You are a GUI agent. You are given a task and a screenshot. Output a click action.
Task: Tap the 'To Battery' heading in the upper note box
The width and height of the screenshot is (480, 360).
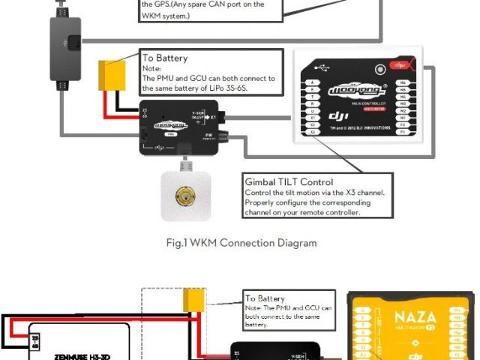[x=165, y=58]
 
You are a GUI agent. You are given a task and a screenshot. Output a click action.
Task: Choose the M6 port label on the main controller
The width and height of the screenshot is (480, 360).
[x=403, y=82]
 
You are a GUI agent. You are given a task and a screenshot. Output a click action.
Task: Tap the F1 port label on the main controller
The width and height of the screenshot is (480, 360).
[x=403, y=131]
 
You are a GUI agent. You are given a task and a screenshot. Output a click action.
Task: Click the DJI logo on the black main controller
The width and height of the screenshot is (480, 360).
[x=335, y=115]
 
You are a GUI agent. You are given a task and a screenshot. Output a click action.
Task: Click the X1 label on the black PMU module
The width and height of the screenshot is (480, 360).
[x=213, y=117]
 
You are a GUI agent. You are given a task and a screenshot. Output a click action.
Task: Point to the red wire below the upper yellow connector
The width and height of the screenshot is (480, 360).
[x=120, y=106]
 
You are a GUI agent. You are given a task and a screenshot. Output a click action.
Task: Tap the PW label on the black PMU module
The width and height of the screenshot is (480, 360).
[x=210, y=136]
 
